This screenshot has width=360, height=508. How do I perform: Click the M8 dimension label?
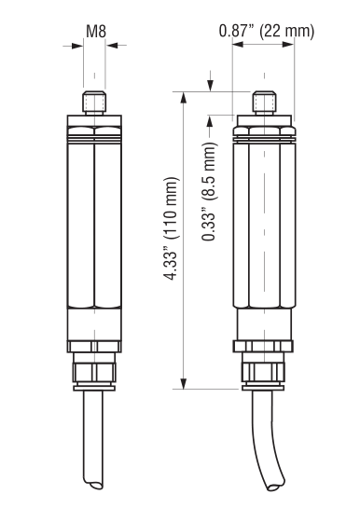click(96, 32)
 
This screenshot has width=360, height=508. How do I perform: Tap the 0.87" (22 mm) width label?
click(267, 31)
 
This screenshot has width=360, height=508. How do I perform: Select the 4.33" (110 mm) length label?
click(171, 228)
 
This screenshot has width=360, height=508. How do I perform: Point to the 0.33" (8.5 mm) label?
click(208, 191)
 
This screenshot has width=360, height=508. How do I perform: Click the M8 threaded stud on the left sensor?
click(94, 103)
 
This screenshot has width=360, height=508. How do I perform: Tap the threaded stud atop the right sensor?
click(265, 103)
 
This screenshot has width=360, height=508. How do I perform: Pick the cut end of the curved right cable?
click(276, 485)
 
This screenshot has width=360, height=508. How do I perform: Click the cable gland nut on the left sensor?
click(94, 372)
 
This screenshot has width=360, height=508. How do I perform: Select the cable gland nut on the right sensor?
click(263, 372)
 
